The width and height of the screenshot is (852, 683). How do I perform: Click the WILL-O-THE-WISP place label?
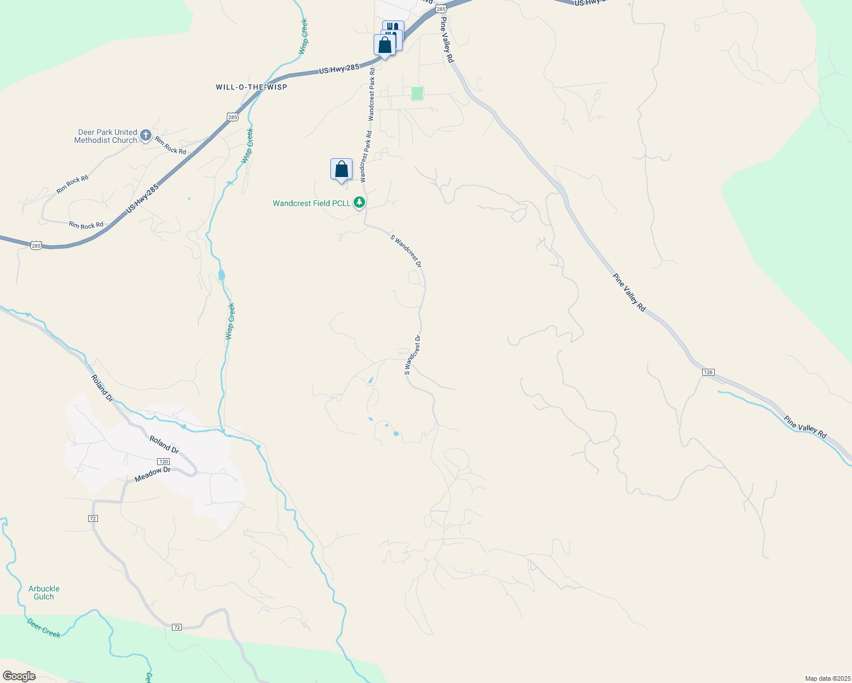click(x=251, y=87)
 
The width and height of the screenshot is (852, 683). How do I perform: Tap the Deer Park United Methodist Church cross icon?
click(x=146, y=135)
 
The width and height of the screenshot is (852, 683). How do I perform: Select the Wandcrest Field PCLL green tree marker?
click(x=359, y=202)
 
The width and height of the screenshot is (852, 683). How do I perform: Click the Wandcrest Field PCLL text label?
click(x=312, y=203)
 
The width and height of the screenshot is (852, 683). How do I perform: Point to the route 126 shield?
click(x=707, y=372)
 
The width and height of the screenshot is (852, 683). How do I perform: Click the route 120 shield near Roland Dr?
click(x=163, y=462)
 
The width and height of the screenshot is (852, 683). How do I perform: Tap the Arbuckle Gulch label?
click(x=44, y=593)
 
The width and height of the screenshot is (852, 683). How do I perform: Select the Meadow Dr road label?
click(x=153, y=474)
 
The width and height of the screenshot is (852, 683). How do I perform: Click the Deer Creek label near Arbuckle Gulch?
click(x=43, y=628)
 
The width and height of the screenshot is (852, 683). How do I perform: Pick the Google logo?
click(x=19, y=676)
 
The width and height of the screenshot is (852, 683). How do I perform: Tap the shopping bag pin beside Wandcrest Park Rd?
click(x=341, y=170)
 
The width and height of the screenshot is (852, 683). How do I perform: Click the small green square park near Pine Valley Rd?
click(x=417, y=93)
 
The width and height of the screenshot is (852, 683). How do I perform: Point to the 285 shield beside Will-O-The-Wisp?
click(x=232, y=117)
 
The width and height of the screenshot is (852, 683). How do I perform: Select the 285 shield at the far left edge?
click(x=36, y=245)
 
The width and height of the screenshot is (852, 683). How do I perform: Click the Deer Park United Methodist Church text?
click(x=106, y=136)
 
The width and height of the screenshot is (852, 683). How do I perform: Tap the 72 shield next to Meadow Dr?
click(x=93, y=518)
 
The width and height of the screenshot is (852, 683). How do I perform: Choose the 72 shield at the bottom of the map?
click(x=177, y=627)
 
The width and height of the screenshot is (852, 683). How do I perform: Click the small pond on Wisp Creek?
click(x=222, y=275)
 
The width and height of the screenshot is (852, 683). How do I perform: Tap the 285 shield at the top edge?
click(x=440, y=9)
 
